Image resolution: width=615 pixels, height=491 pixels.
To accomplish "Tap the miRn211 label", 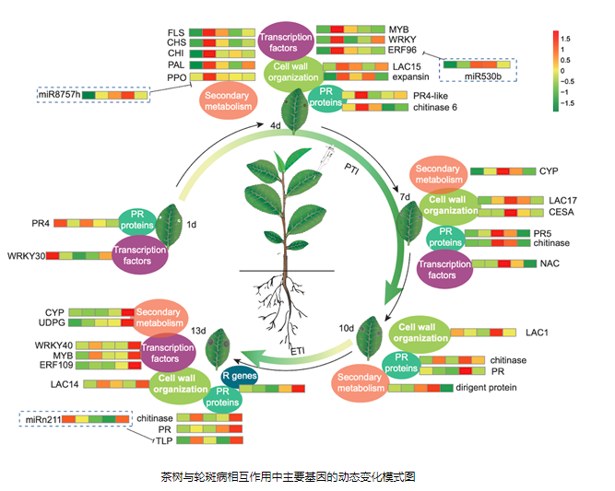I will pyautogui.click(x=41, y=419).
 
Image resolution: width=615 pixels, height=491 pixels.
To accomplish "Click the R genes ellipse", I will pyautogui.click(x=239, y=376).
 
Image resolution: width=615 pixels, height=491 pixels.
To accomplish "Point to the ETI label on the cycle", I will pyautogui.click(x=298, y=352).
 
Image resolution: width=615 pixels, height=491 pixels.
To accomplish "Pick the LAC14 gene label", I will pyautogui.click(x=65, y=382).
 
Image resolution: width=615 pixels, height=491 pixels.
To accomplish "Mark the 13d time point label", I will pyautogui.click(x=200, y=330).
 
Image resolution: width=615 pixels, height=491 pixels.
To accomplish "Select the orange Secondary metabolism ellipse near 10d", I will pyautogui.click(x=360, y=381).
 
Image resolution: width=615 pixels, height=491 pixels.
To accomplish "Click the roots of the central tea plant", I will pyautogui.click(x=278, y=294).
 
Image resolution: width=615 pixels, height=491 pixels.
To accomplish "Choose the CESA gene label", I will pyautogui.click(x=562, y=213).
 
